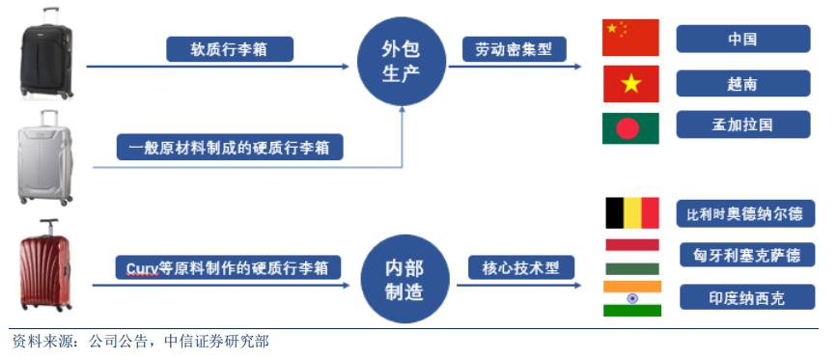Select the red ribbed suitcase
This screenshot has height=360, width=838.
(47, 265)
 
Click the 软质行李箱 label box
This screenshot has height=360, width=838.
(229, 49)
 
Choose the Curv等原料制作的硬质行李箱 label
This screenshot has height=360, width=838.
(234, 266)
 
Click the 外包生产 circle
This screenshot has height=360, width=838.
(402, 61)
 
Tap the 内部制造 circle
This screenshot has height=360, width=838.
(404, 280)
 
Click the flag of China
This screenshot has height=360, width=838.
(630, 38)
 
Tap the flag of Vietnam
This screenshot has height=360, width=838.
(630, 83)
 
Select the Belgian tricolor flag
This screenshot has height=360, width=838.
(631, 212)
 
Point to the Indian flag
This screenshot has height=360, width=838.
(631, 298)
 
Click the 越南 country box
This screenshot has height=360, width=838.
(742, 84)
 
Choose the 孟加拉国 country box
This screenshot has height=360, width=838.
(742, 125)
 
